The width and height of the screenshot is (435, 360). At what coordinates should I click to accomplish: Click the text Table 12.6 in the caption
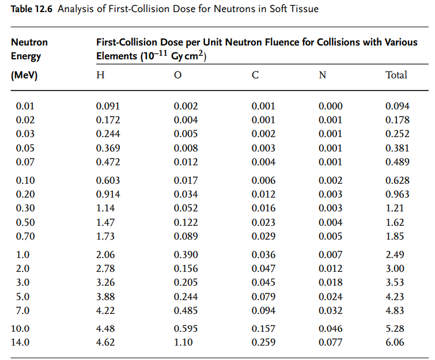tap(29, 9)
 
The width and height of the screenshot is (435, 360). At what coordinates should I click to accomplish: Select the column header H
tap(100, 75)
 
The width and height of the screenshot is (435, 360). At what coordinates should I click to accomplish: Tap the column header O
tap(177, 75)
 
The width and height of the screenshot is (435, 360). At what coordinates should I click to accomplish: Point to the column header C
tap(255, 75)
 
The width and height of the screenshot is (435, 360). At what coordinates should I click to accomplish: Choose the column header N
tap(322, 75)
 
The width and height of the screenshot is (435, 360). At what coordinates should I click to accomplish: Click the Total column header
tap(396, 75)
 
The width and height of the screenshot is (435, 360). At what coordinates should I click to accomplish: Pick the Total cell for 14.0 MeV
tap(395, 342)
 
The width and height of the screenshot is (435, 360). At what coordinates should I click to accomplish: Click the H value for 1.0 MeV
tap(105, 255)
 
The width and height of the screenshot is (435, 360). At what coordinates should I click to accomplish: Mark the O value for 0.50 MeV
tap(186, 222)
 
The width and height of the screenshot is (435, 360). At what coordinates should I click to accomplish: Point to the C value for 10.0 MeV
tap(263, 329)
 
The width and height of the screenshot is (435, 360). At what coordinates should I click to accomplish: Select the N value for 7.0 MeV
tap(330, 310)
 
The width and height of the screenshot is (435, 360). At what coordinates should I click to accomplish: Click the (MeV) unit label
tap(24, 75)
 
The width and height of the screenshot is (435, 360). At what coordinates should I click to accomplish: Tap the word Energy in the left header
tap(26, 56)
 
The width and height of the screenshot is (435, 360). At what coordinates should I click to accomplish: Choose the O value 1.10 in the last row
tap(183, 342)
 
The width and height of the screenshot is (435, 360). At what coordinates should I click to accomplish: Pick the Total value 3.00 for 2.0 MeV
tap(395, 268)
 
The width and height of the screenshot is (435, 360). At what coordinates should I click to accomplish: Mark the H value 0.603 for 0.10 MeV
tap(108, 181)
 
